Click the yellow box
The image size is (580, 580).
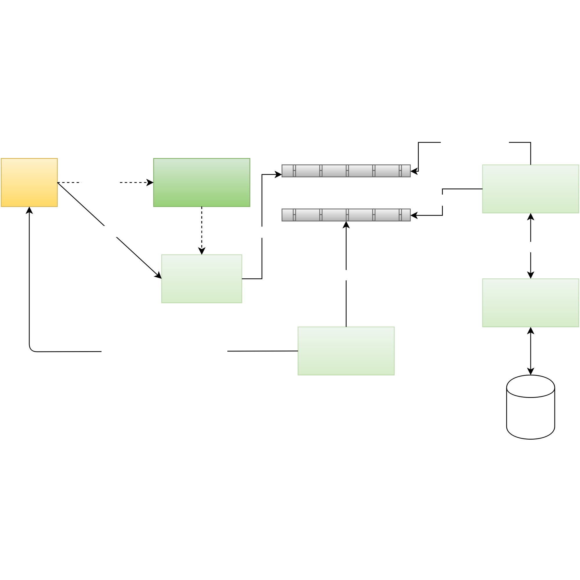(x=29, y=182)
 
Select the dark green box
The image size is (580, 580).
(x=202, y=182)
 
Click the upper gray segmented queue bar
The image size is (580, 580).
(x=346, y=171)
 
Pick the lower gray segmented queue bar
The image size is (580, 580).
(x=346, y=215)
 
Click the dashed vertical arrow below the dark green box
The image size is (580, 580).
(x=202, y=228)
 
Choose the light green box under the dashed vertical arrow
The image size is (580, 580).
(x=202, y=279)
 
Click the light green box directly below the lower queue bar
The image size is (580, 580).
(x=346, y=351)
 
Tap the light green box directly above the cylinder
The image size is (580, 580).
(x=530, y=302)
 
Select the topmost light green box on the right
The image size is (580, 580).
(x=530, y=189)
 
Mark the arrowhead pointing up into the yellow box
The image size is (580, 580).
(x=29, y=210)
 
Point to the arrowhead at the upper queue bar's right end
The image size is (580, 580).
(x=414, y=171)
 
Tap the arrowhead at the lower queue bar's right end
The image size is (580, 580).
(x=414, y=215)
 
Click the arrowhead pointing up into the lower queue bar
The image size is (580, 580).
(x=346, y=225)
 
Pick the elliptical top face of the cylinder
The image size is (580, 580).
(x=530, y=387)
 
